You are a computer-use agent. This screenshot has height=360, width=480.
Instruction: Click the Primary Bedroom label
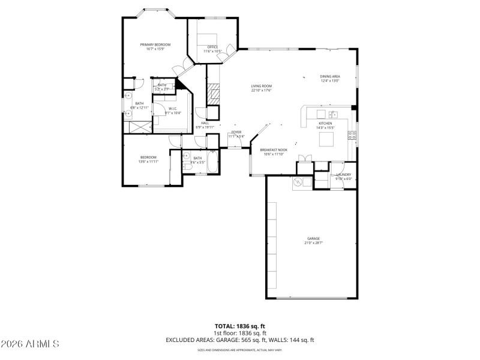[155, 44]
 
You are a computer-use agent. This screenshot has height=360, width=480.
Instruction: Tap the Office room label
[212, 47]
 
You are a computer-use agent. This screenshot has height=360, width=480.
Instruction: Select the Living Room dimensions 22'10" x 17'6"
[262, 91]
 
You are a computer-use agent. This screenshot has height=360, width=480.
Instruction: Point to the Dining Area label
[330, 77]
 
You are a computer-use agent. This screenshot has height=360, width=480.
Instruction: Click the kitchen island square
[326, 139]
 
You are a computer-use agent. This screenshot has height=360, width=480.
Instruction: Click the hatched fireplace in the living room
[213, 93]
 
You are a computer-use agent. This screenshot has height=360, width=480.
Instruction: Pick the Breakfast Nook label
[274, 150]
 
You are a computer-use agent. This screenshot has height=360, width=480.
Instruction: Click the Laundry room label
[343, 175]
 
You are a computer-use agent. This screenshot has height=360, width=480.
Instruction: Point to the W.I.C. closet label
[173, 109]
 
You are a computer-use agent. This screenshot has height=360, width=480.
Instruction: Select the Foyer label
[236, 132]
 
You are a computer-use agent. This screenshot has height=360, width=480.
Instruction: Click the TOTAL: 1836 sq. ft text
[239, 326]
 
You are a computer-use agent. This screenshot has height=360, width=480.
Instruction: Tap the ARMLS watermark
[30, 344]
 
